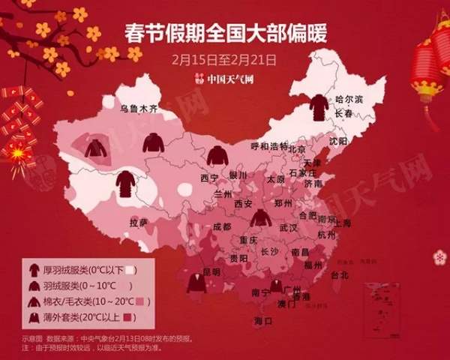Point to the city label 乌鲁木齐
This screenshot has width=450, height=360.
[140, 109]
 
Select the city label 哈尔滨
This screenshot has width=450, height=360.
[349, 100]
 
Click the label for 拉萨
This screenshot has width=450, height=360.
[138, 223]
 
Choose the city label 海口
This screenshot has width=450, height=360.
[262, 321]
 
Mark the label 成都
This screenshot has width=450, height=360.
[222, 226]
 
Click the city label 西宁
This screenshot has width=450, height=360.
[209, 178]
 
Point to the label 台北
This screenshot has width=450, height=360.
[340, 275]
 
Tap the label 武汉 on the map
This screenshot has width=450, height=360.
[289, 227]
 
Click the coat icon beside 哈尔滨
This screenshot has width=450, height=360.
[319, 107]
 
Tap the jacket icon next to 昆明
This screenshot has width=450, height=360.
[197, 283]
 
